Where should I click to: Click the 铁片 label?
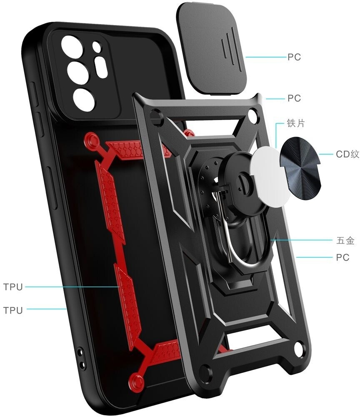[x=295, y=124]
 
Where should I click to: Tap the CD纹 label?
[x=347, y=154]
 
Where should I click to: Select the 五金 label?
[x=345, y=241]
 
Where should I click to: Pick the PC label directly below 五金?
[x=342, y=257]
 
